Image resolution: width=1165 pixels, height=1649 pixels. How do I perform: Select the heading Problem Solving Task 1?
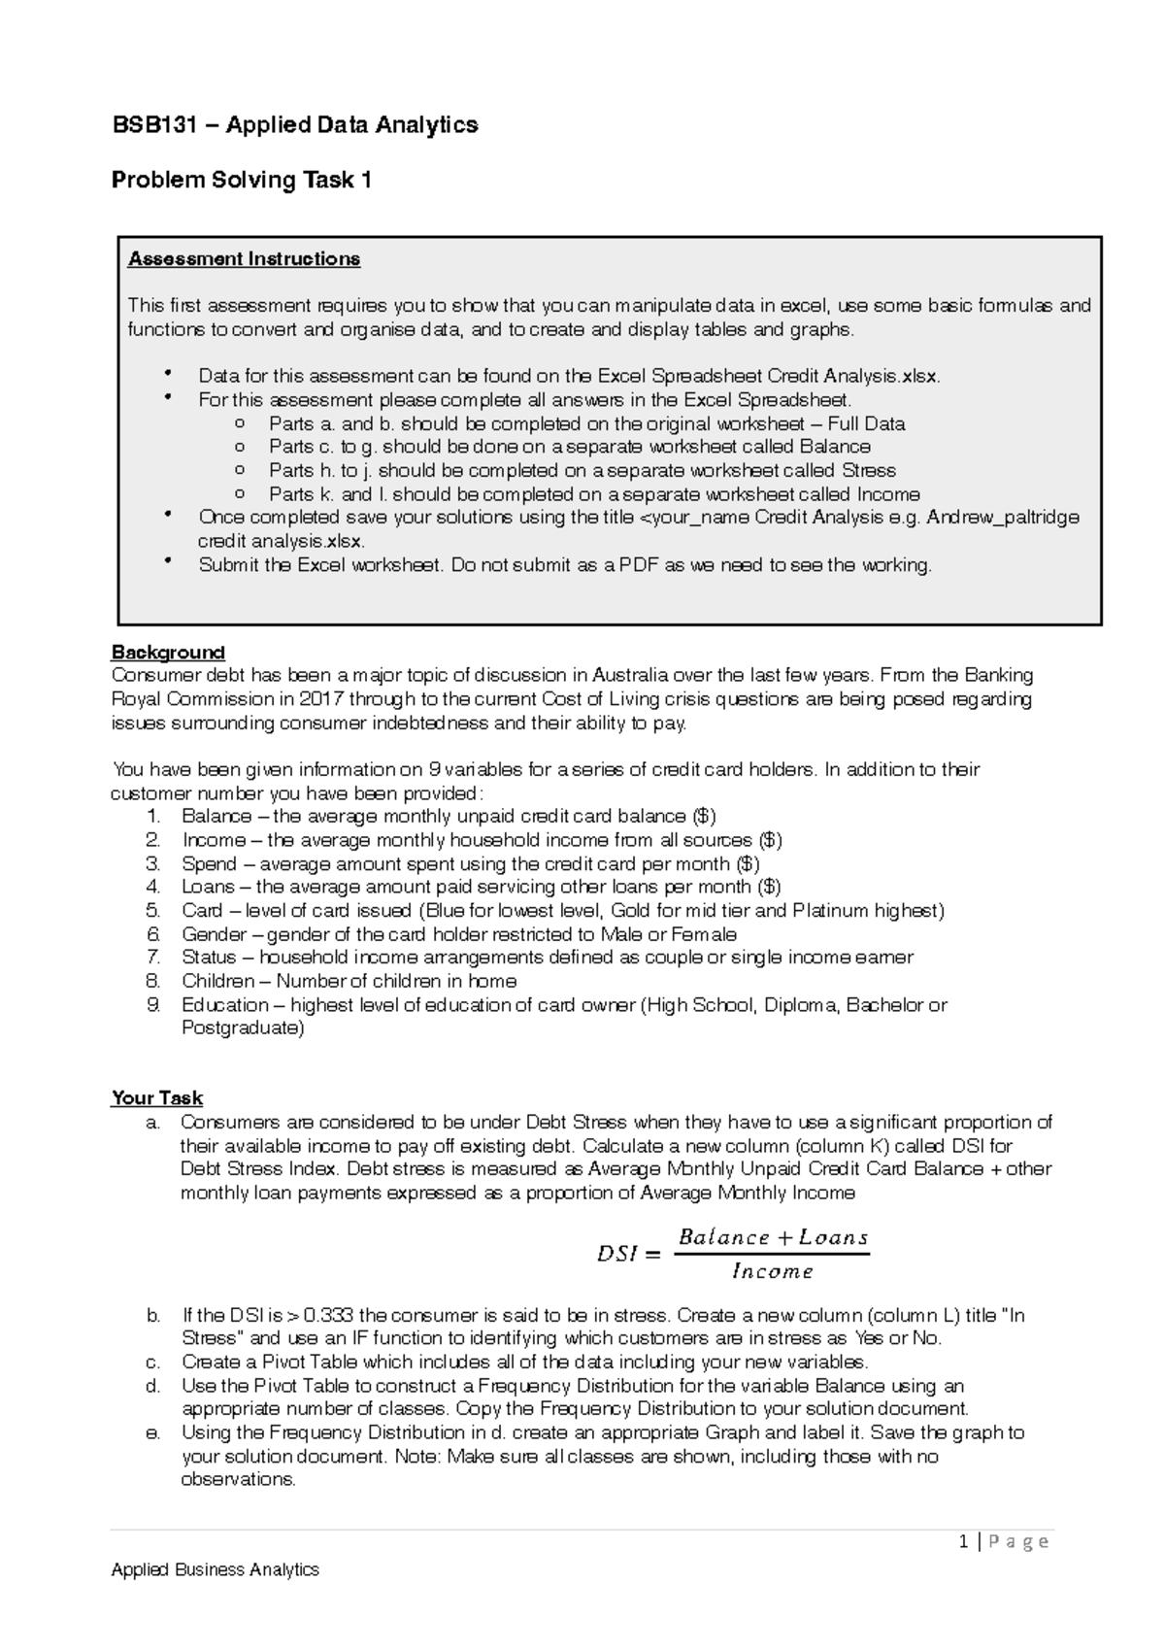pos(242,181)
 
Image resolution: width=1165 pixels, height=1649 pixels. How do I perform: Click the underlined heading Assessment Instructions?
pos(244,259)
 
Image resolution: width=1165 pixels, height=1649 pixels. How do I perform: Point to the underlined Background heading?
pos(168,652)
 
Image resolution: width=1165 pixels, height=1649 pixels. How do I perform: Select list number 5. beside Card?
pos(152,911)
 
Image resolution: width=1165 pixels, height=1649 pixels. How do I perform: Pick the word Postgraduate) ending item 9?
pos(243,1028)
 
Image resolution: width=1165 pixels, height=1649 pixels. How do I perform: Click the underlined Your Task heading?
pos(157,1098)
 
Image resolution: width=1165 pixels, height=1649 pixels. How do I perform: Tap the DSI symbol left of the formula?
pos(616,1255)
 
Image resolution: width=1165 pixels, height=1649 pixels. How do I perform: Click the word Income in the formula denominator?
pos(773,1271)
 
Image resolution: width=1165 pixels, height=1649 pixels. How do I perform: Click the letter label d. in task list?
pos(152,1386)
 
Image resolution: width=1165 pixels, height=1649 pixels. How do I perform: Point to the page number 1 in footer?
pos(962,1542)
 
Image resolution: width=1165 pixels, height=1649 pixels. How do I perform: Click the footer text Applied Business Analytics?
pos(215,1569)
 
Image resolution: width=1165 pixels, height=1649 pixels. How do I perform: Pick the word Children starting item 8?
pos(218,981)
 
